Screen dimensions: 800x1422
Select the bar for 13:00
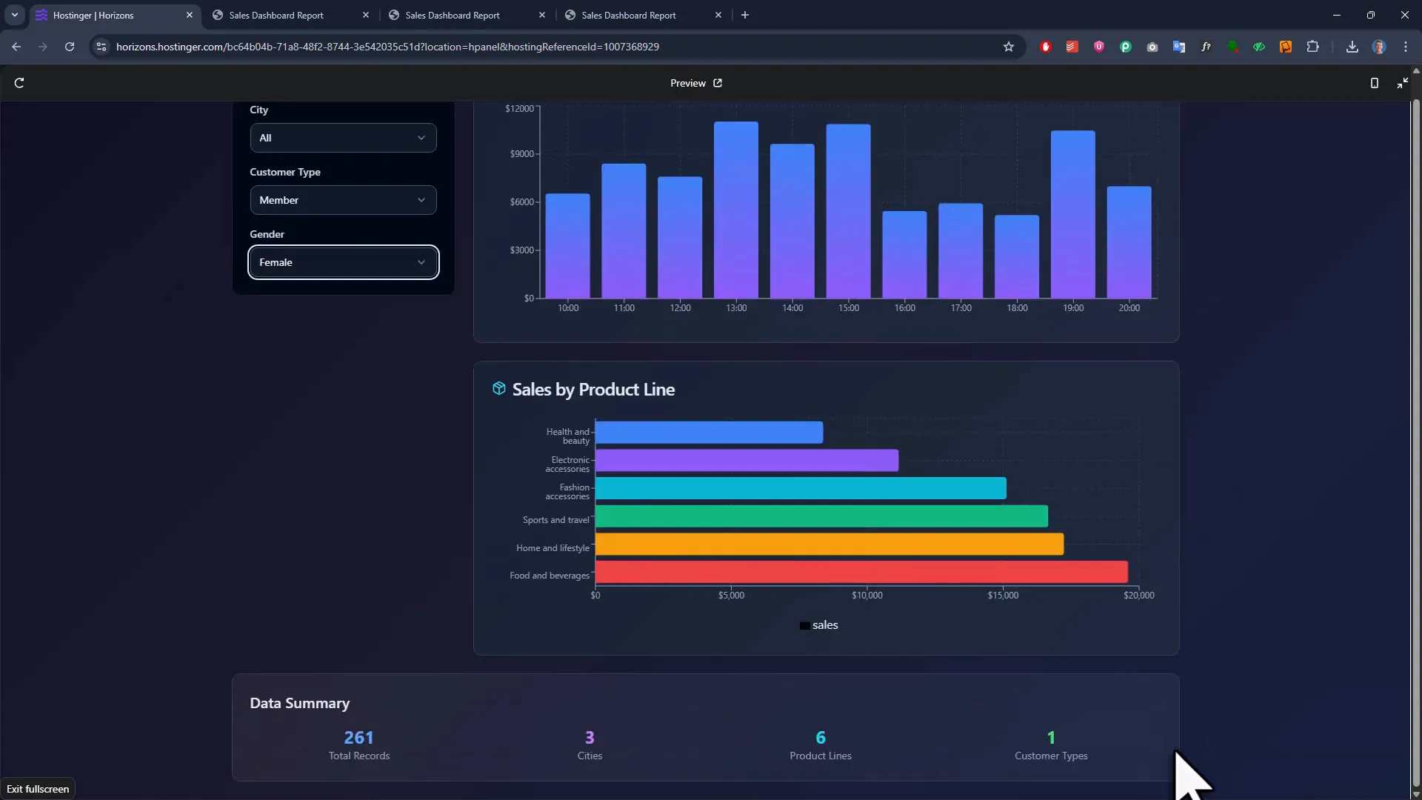coord(735,211)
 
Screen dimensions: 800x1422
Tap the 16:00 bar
coord(904,255)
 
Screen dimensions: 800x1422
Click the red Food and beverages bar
coord(861,572)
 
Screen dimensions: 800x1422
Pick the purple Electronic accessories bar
coord(747,461)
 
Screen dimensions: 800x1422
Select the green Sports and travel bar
coord(821,516)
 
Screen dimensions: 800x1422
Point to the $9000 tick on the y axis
coord(521,154)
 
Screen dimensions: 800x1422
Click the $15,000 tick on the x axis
coord(1003,596)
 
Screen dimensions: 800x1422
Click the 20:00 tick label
coord(1129,308)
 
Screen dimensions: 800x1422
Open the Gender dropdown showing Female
coord(343,262)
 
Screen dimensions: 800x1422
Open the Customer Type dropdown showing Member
coord(343,200)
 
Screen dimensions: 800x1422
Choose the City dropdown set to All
coord(343,138)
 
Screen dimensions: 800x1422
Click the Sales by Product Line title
coord(592,390)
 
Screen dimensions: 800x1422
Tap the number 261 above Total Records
coord(358,738)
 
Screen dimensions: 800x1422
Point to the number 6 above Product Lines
coord(820,738)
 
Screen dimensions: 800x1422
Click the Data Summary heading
coord(299,704)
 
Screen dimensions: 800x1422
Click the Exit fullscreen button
coord(38,789)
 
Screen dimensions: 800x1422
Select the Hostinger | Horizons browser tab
coord(111,15)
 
